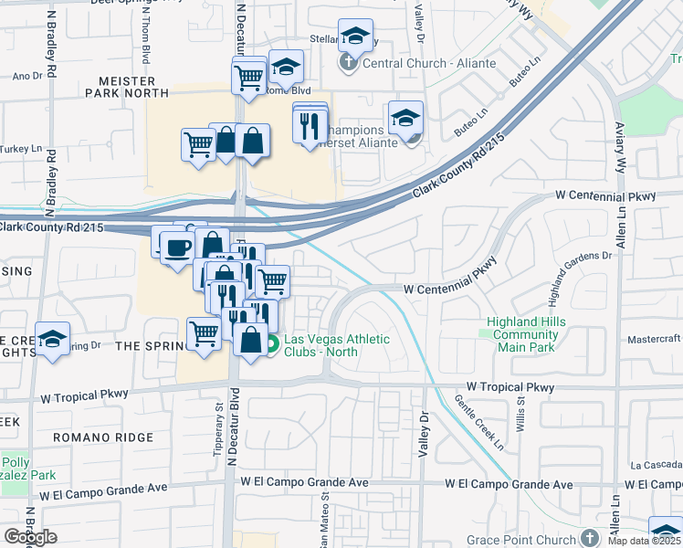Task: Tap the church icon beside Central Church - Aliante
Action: click(x=348, y=63)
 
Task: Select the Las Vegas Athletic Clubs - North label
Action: click(x=336, y=346)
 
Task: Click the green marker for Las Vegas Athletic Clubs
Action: click(x=272, y=344)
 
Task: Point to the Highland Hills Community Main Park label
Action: click(x=540, y=334)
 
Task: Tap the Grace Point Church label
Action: click(x=521, y=539)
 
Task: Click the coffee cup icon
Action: click(x=175, y=247)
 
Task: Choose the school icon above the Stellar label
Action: click(x=354, y=36)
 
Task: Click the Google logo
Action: click(x=30, y=537)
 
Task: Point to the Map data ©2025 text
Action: click(x=643, y=541)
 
